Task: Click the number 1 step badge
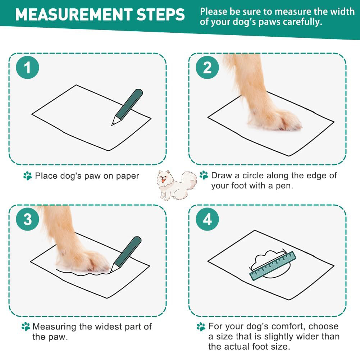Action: [28, 68]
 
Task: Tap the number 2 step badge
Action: [207, 68]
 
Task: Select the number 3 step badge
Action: [28, 219]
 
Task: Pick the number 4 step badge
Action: [207, 219]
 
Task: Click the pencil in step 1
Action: [127, 107]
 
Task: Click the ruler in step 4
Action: [273, 266]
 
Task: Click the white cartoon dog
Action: [177, 185]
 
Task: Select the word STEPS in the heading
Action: [160, 15]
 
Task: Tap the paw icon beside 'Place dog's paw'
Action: [28, 176]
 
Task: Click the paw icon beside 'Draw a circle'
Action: [204, 175]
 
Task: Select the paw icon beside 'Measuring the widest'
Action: [26, 326]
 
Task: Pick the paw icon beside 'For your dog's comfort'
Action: [201, 327]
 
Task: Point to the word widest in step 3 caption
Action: [110, 327]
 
